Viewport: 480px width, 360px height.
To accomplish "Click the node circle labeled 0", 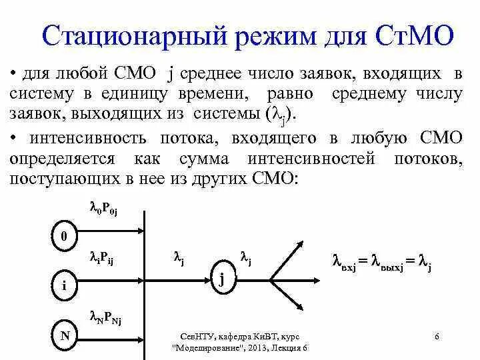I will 65,237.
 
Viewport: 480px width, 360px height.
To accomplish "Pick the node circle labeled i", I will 65,285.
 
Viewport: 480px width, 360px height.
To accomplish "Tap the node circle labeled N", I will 65,335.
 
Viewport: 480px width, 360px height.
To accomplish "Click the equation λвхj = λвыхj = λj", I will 382,263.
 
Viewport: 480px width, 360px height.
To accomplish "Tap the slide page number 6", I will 435,336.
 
